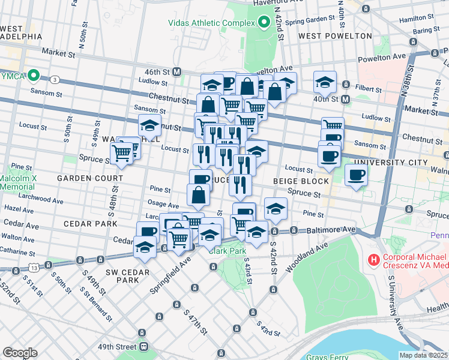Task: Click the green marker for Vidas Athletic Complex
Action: click(264, 23)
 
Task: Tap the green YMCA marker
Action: click(34, 76)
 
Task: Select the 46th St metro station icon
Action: click(177, 71)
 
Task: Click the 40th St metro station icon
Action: click(346, 98)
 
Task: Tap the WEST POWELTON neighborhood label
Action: click(336, 36)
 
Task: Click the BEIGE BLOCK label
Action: click(301, 181)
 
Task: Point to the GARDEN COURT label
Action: click(82, 179)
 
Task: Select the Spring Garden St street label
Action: click(309, 22)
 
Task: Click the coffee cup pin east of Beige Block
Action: click(357, 175)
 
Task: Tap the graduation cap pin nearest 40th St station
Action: click(325, 81)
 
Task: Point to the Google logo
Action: click(20, 353)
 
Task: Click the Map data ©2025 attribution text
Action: click(424, 355)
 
